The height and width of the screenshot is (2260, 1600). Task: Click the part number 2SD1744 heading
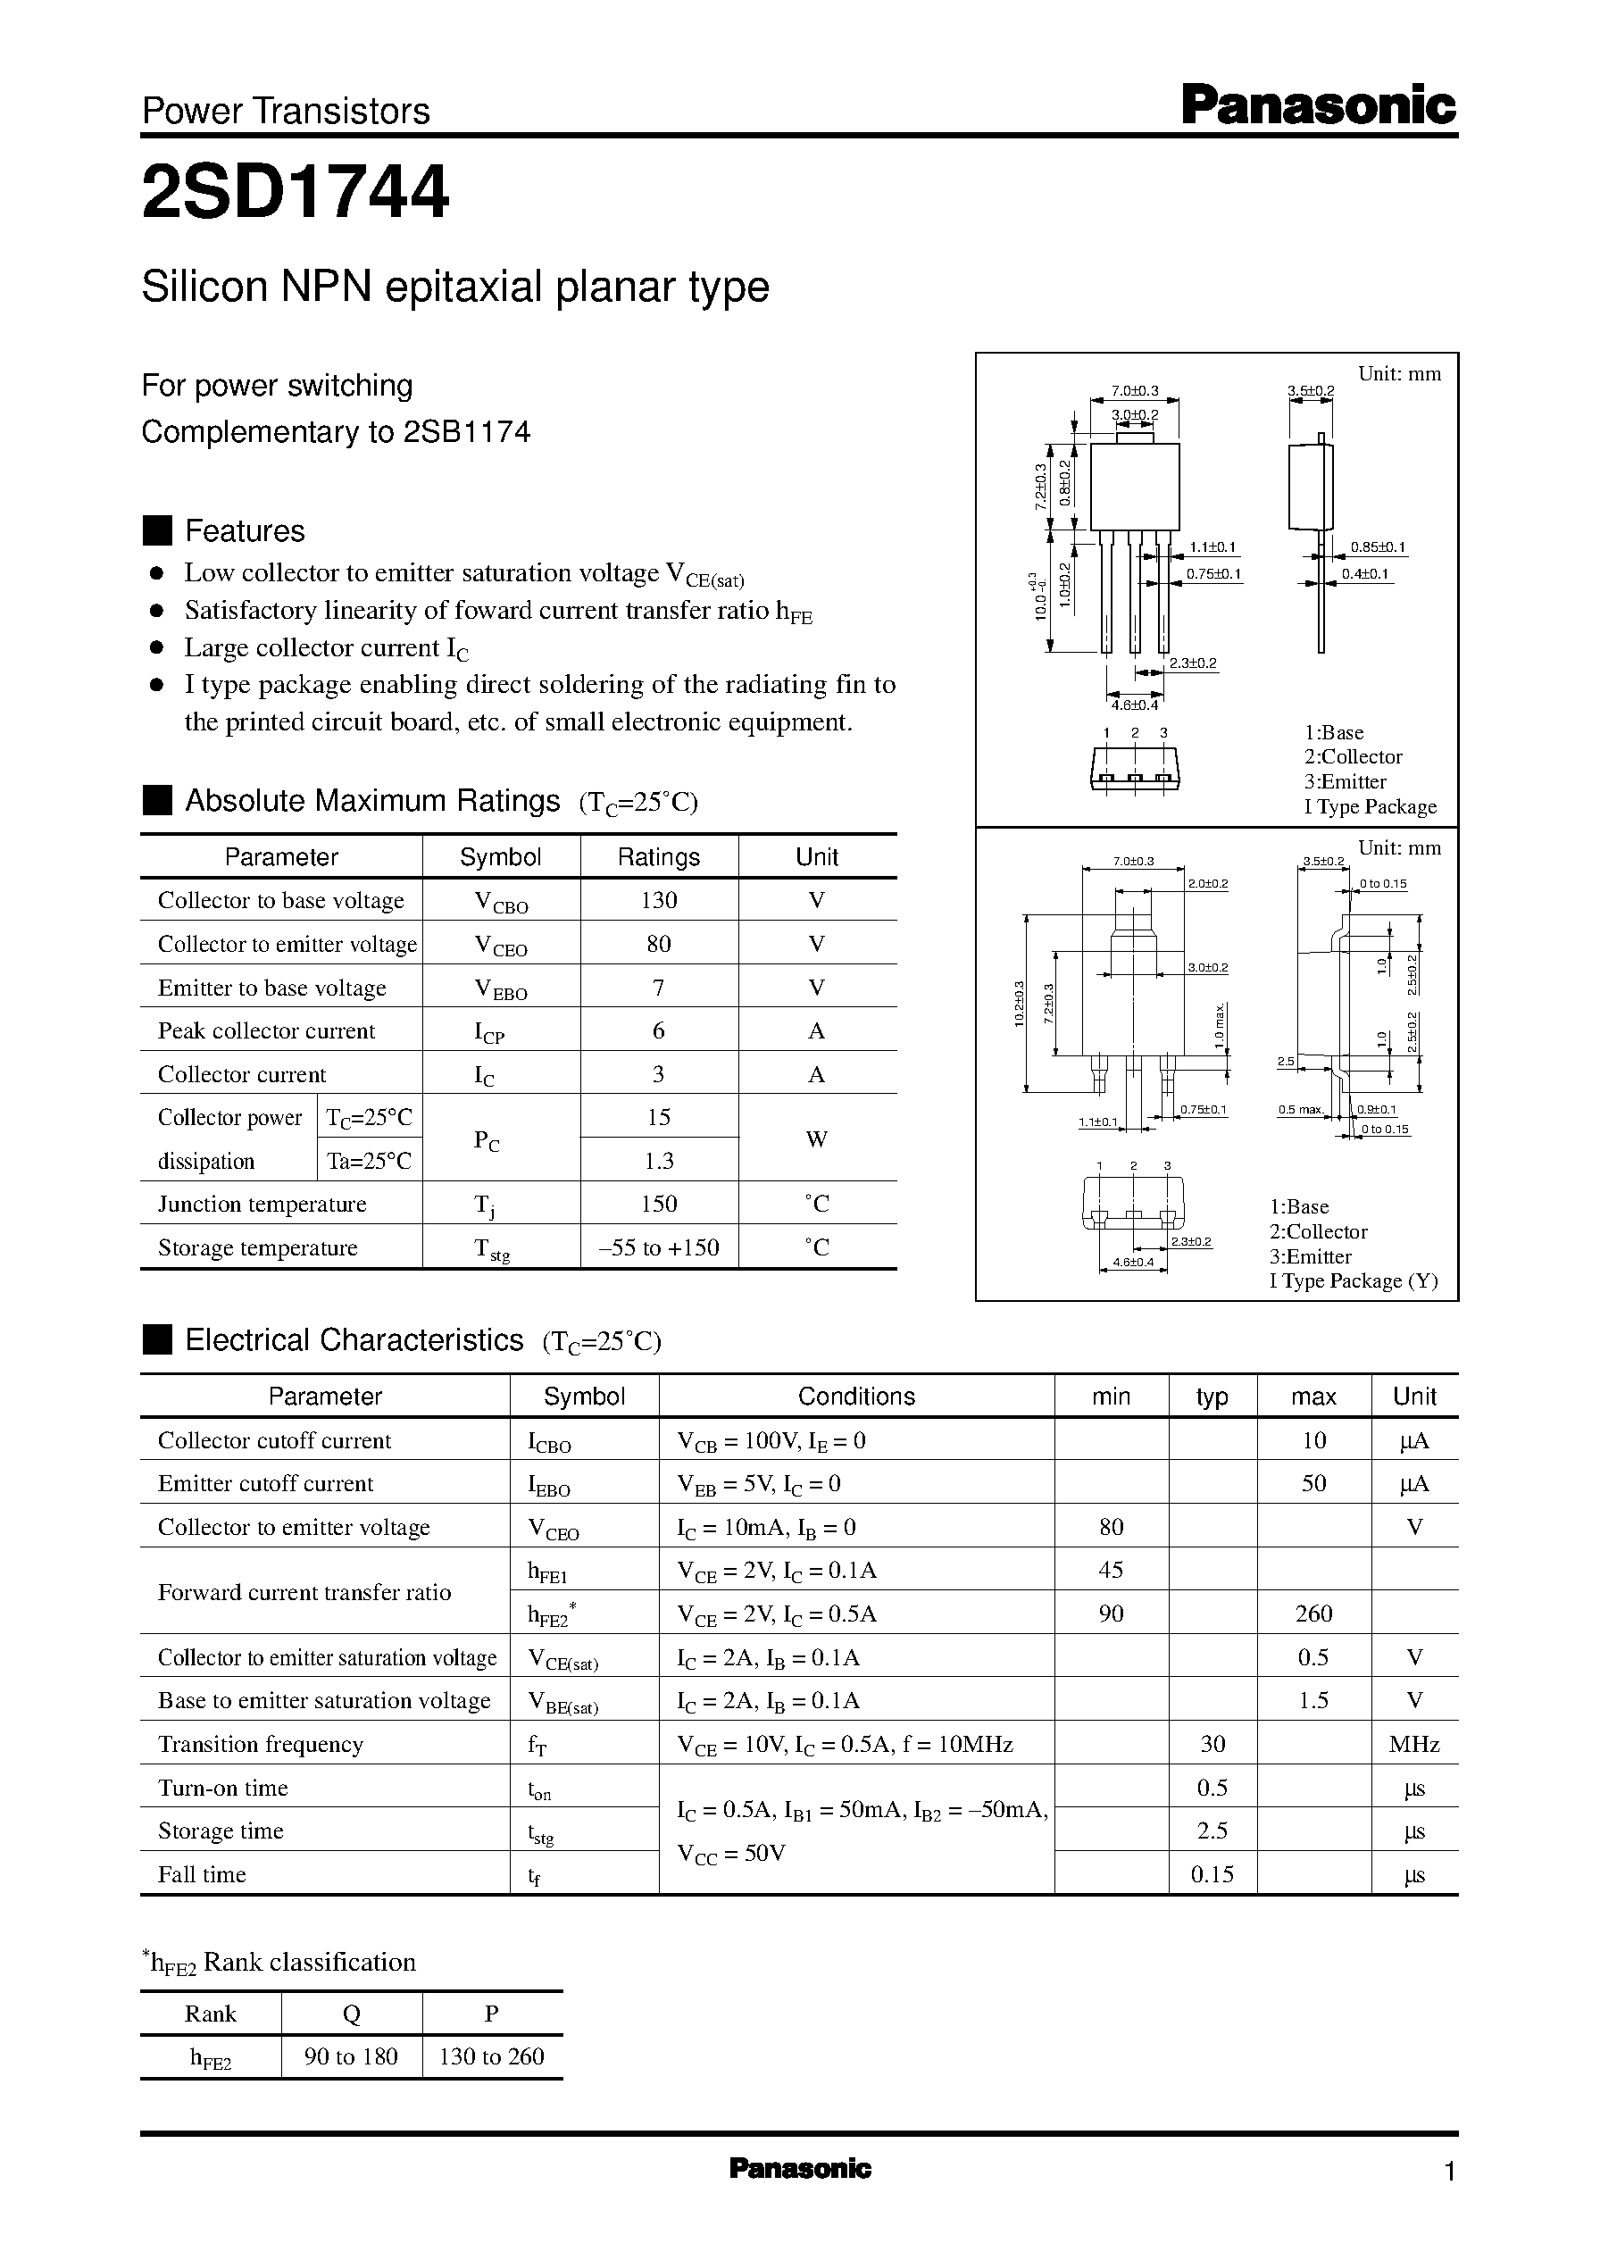coord(296,192)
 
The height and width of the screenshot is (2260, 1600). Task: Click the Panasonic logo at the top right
coord(1318,105)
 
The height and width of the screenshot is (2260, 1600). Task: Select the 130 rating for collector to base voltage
coord(658,899)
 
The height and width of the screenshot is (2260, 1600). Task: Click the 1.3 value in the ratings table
coord(658,1161)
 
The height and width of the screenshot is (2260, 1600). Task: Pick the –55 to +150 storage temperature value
coord(658,1247)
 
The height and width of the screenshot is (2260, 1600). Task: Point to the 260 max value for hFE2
coord(1313,1613)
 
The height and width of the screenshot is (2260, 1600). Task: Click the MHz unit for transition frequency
coord(1413,1744)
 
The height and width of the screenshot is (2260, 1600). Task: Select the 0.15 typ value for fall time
coord(1212,1874)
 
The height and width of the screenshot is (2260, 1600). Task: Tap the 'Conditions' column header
coord(856,1396)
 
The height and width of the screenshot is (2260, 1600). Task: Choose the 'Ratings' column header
coord(658,857)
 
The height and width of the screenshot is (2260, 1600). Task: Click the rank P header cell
coord(492,2014)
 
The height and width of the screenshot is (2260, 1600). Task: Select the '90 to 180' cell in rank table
coord(351,2056)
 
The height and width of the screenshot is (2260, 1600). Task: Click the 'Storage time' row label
coord(221,1831)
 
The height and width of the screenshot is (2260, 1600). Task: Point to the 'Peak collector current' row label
coord(266,1030)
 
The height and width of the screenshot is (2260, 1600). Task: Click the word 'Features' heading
coord(245,531)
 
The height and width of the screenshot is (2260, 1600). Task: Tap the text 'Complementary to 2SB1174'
coord(336,431)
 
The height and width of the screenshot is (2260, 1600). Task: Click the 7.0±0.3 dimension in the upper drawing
coord(1135,391)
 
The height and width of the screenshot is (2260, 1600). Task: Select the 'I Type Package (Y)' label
coord(1353,1280)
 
